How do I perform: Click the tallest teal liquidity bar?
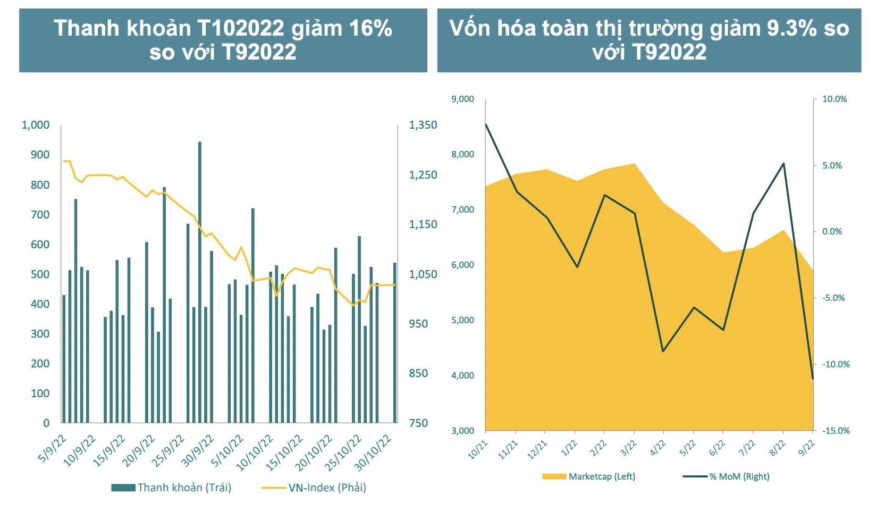(x=200, y=282)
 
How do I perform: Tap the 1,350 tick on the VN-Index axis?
(x=423, y=125)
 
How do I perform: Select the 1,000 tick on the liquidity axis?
(x=36, y=125)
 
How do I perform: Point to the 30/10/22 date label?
(x=373, y=452)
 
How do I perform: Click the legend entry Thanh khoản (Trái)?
(x=171, y=488)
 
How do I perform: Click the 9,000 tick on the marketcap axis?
(x=462, y=99)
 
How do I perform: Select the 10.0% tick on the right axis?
(x=834, y=99)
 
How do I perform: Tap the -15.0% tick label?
(x=836, y=431)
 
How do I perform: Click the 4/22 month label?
(x=658, y=448)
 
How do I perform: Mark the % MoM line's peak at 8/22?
(x=783, y=163)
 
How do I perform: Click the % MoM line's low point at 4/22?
(x=663, y=351)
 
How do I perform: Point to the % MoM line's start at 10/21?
(x=486, y=124)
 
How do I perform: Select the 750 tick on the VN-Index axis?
(x=418, y=423)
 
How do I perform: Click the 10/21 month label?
(x=477, y=449)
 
